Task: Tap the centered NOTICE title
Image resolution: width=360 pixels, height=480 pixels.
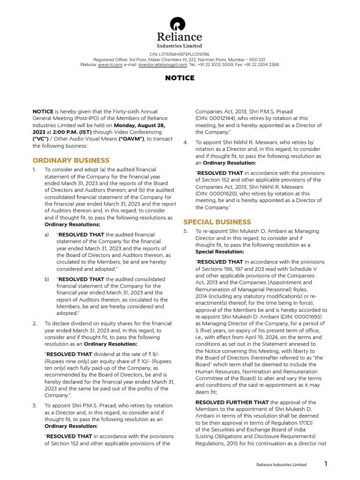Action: click(x=180, y=78)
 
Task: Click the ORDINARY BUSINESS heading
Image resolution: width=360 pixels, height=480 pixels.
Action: click(x=71, y=160)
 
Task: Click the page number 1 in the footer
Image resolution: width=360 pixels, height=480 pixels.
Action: click(x=326, y=464)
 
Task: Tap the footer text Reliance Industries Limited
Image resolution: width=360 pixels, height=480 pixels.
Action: click(x=281, y=465)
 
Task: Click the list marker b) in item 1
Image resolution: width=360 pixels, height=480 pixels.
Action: click(x=47, y=279)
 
